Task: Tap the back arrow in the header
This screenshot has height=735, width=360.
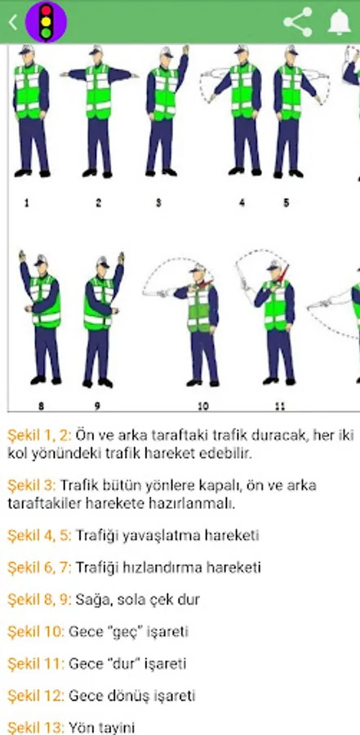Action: tap(13, 22)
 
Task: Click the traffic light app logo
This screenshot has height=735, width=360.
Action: tap(46, 22)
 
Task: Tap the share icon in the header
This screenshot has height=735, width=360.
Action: tap(298, 22)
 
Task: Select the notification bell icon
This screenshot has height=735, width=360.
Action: tap(340, 22)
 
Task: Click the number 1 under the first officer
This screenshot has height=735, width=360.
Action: tap(26, 203)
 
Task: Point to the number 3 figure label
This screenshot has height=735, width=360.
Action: tap(158, 203)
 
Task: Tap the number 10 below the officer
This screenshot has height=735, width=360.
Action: tap(203, 407)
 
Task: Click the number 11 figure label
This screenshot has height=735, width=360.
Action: tap(280, 407)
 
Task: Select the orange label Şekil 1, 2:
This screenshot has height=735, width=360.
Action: tap(39, 435)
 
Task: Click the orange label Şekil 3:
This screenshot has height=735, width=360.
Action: tap(31, 485)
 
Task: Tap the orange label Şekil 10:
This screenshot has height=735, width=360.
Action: tap(36, 631)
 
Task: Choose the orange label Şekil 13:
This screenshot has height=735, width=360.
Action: tap(36, 728)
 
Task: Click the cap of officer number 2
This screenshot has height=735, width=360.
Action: tap(97, 49)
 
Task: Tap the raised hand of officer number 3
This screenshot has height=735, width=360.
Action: tap(185, 50)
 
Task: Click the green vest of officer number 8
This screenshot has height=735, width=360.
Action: tap(46, 301)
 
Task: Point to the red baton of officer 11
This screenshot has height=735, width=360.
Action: tap(283, 274)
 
